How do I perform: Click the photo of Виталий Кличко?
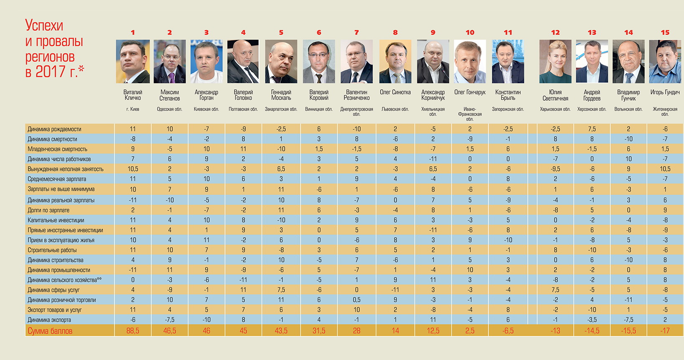132,61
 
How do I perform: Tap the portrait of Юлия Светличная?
555,61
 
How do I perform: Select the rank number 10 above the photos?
470,32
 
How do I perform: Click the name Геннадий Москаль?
281,95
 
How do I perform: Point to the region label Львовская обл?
395,109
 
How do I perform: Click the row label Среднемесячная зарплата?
57,179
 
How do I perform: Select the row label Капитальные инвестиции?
56,220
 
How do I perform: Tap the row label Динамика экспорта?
49,320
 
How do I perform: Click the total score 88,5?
132,331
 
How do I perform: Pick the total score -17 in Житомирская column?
665,331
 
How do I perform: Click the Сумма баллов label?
50,331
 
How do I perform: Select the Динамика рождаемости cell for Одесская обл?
170,129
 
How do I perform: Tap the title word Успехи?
44,25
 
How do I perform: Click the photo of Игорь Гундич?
665,61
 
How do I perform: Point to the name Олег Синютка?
395,92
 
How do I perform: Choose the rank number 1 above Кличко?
132,32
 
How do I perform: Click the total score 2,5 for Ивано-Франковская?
470,331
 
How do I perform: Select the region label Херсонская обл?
592,109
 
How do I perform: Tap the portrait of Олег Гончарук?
470,61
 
